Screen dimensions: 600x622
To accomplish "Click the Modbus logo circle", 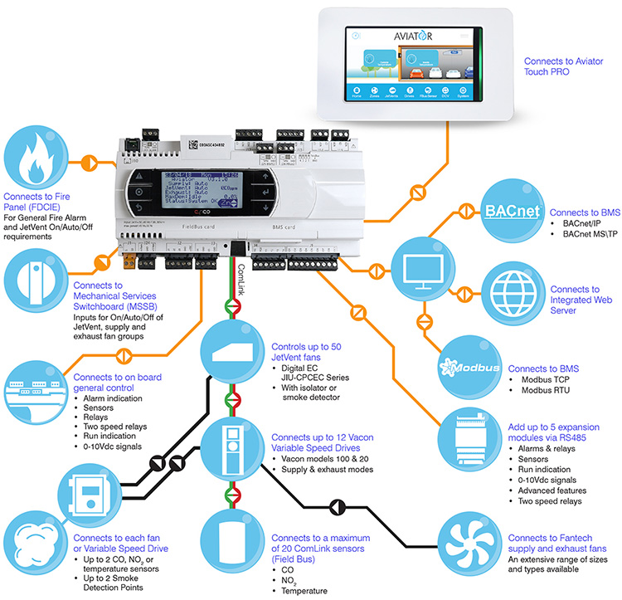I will pyautogui.click(x=469, y=368).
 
